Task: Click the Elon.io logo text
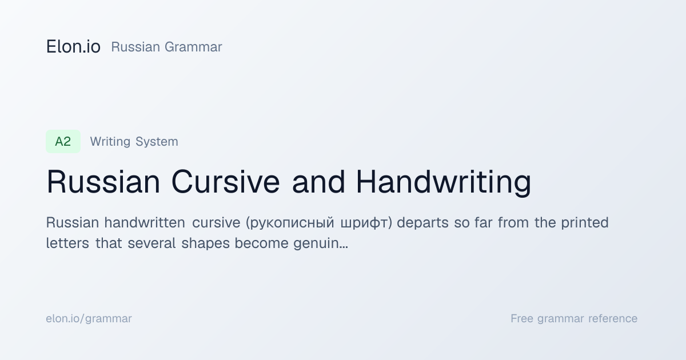click(x=73, y=47)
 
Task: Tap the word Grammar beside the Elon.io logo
click(x=193, y=47)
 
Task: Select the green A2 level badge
click(x=63, y=142)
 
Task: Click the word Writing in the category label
click(x=110, y=142)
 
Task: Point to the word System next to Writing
click(x=157, y=142)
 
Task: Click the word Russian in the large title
click(x=103, y=182)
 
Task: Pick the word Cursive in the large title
click(x=226, y=182)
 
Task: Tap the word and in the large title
click(x=318, y=182)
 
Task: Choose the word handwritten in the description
click(x=145, y=222)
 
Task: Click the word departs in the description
click(x=422, y=223)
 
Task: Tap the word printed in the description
click(x=585, y=222)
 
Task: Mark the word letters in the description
click(x=67, y=243)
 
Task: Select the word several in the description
click(x=151, y=243)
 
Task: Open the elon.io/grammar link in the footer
click(x=89, y=319)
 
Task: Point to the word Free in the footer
click(x=522, y=318)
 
